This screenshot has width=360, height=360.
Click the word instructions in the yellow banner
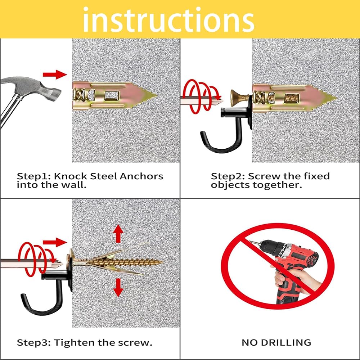coord(168,19)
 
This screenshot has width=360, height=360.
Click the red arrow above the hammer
coord(55,75)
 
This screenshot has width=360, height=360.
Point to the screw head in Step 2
coord(236,98)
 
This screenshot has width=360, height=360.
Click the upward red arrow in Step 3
coord(118,234)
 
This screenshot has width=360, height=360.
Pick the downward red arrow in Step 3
coord(118,287)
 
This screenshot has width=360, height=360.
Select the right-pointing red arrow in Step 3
coord(55,242)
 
